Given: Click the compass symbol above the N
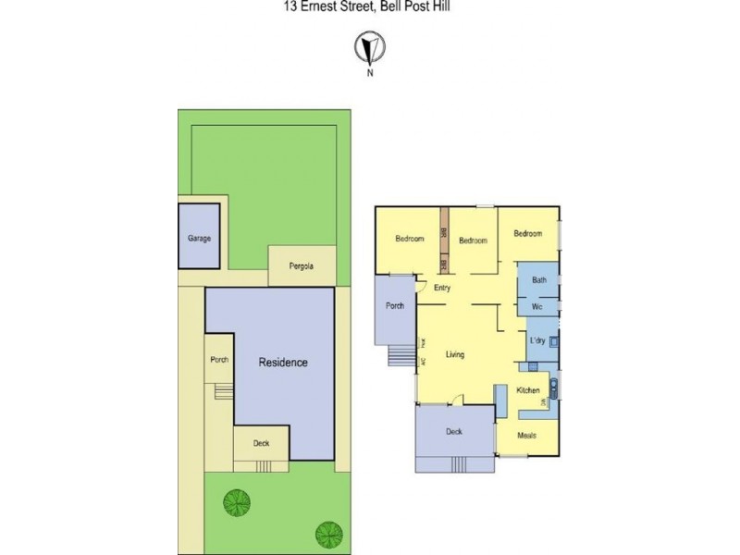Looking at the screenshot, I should pos(370,46).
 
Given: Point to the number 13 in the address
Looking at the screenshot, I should pos(290,6).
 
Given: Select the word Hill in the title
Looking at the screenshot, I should pos(438,6).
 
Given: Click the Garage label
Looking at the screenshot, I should pos(200,238).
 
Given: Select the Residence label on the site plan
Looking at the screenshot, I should pos(282,363).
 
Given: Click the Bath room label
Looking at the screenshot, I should pos(538,280).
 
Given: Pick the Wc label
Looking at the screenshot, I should pos(536,305).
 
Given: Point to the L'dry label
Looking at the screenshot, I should pos(538,340).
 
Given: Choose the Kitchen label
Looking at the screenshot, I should pos(528,390).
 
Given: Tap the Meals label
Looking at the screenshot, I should pos(527,435).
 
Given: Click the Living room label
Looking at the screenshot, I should pos(454,354).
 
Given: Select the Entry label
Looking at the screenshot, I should pos(442,289).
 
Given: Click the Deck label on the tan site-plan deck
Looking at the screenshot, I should pos(262,443).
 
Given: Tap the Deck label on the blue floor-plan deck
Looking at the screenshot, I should pos(453,432).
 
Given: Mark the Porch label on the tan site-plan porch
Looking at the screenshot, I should pos(219,360).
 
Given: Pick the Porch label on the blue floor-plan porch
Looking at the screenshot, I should pos(395,306).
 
